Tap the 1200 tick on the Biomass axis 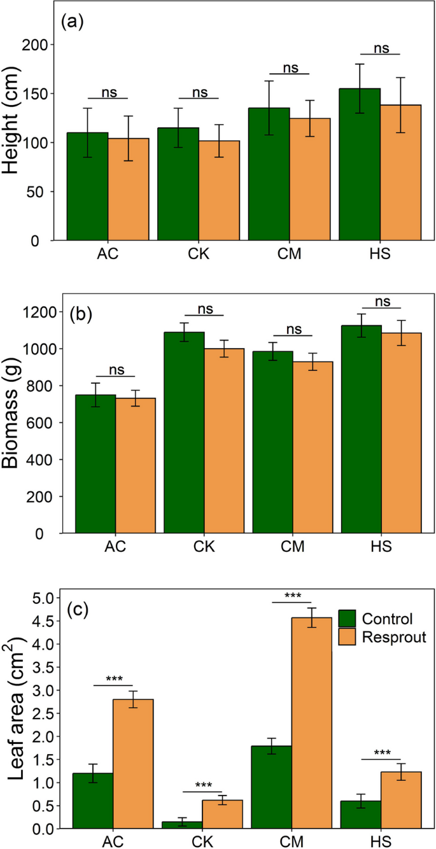[42, 312]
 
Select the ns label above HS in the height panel [381, 48]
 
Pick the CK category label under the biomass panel [204, 547]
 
